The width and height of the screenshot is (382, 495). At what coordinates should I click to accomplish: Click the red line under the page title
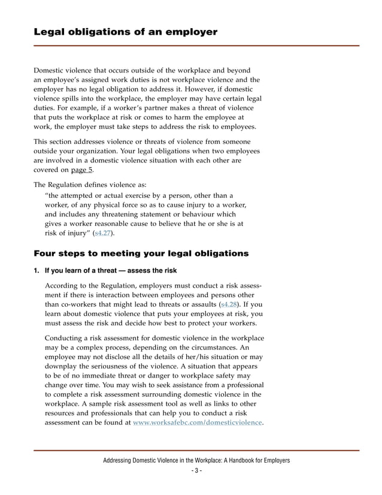coord(196,46)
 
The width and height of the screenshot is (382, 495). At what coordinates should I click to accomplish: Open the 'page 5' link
coord(82,170)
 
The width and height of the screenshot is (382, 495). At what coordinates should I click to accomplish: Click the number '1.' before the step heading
coord(37,270)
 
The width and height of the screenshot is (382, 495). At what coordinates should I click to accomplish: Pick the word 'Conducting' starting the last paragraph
coord(66,338)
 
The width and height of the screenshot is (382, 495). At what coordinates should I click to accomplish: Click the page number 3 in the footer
coord(196,470)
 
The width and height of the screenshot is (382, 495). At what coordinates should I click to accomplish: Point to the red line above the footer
coord(196,450)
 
